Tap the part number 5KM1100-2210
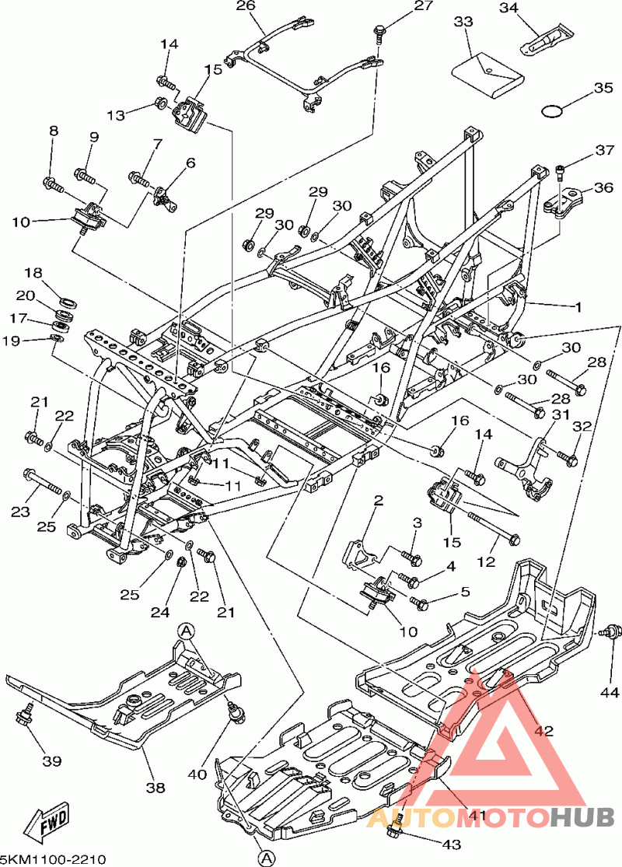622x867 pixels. coord(53,858)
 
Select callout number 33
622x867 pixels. coord(463,22)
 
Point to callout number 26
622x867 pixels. coord(246,6)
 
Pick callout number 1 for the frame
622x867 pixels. coord(578,307)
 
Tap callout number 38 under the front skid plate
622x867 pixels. coord(155,787)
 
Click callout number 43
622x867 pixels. coord(451,844)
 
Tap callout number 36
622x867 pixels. coord(603,187)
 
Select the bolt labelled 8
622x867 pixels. coord(53,184)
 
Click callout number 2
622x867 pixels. coord(379,502)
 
